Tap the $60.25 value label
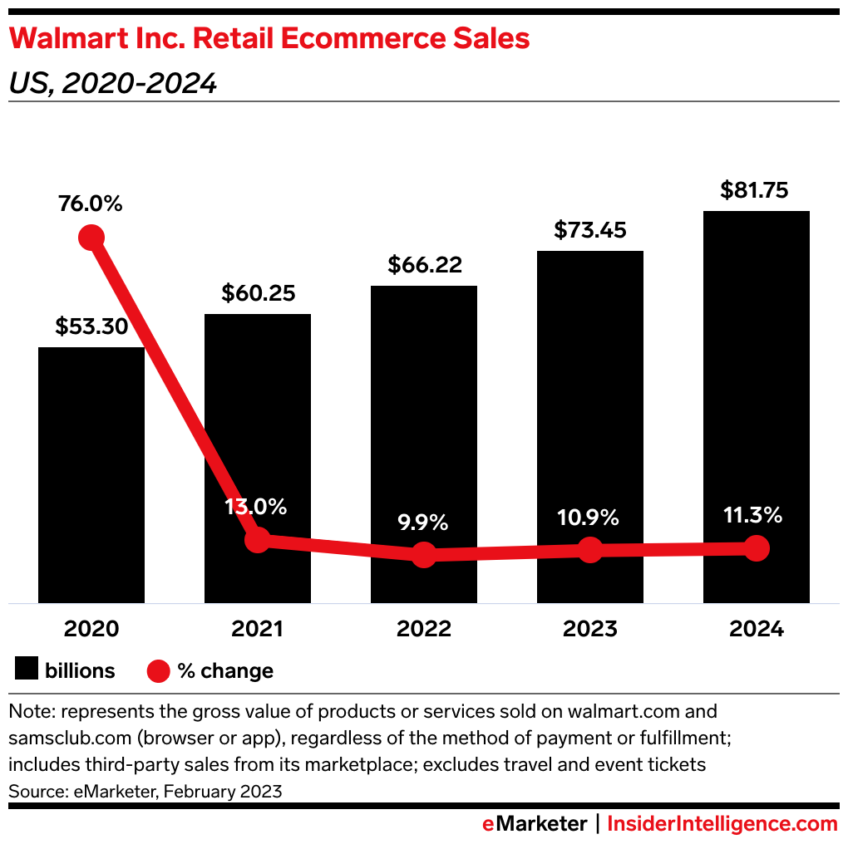tap(258, 293)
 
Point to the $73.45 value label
tap(590, 230)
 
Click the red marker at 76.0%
tap(91, 238)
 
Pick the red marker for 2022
tap(424, 555)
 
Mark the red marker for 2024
tap(757, 548)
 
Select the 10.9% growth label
tap(589, 518)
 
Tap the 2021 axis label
tap(258, 629)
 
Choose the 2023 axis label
tap(590, 629)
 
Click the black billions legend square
tap(27, 670)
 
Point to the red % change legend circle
tap(158, 670)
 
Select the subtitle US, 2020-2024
tap(113, 83)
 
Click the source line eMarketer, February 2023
tap(145, 792)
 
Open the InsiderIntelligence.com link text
tap(722, 824)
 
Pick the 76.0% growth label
tap(91, 204)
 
